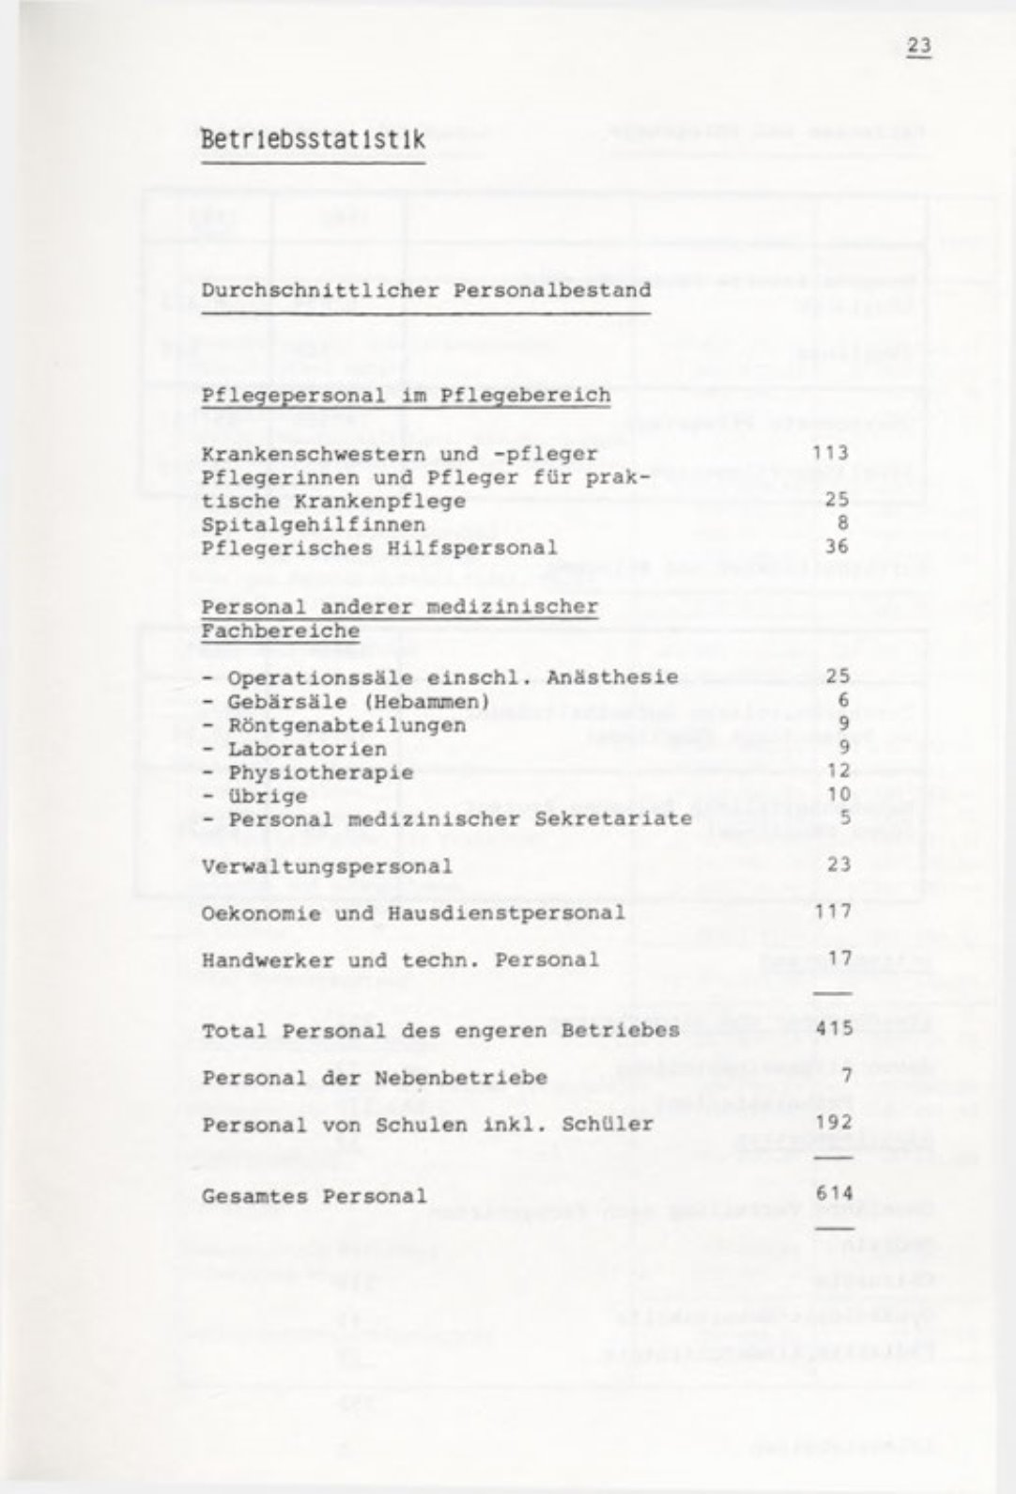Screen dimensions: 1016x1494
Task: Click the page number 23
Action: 917,47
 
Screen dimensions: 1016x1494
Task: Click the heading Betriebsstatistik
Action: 313,140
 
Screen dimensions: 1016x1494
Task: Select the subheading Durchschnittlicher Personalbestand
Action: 425,290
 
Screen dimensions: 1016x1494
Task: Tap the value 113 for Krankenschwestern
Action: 831,454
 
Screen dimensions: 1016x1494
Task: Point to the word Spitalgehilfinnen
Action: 313,524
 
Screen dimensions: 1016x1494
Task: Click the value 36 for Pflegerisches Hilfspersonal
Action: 837,547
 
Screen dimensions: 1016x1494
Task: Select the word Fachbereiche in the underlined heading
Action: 280,630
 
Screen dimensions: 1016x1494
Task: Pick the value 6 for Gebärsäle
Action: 844,701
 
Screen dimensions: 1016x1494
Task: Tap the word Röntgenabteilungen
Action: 346,725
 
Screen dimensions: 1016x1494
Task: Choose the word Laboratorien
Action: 307,749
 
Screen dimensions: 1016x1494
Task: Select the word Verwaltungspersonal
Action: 326,865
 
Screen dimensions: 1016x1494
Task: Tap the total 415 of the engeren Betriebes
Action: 834,1029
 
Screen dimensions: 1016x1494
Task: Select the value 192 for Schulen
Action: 834,1123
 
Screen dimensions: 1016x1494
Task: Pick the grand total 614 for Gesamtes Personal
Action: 834,1195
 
